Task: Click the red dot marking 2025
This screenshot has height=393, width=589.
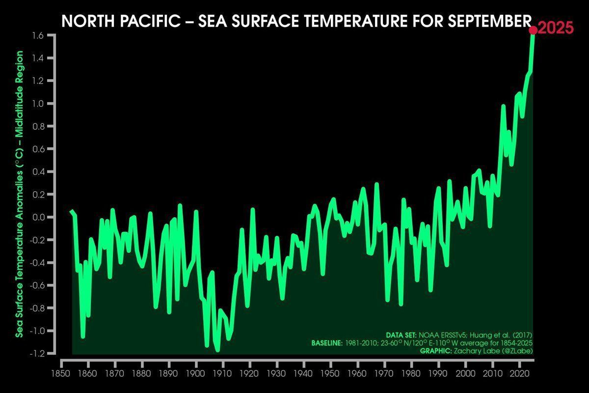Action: (x=533, y=30)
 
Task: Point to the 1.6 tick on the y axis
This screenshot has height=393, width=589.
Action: (x=39, y=35)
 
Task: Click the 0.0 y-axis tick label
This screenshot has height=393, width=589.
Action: (x=39, y=217)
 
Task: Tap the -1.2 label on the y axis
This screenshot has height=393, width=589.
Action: (x=38, y=354)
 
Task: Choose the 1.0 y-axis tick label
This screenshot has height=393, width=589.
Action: (x=39, y=104)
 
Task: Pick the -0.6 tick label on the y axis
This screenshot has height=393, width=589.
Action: (x=38, y=285)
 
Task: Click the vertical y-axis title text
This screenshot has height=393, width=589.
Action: (x=20, y=194)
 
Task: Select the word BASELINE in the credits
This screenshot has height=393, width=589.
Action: (x=326, y=343)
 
